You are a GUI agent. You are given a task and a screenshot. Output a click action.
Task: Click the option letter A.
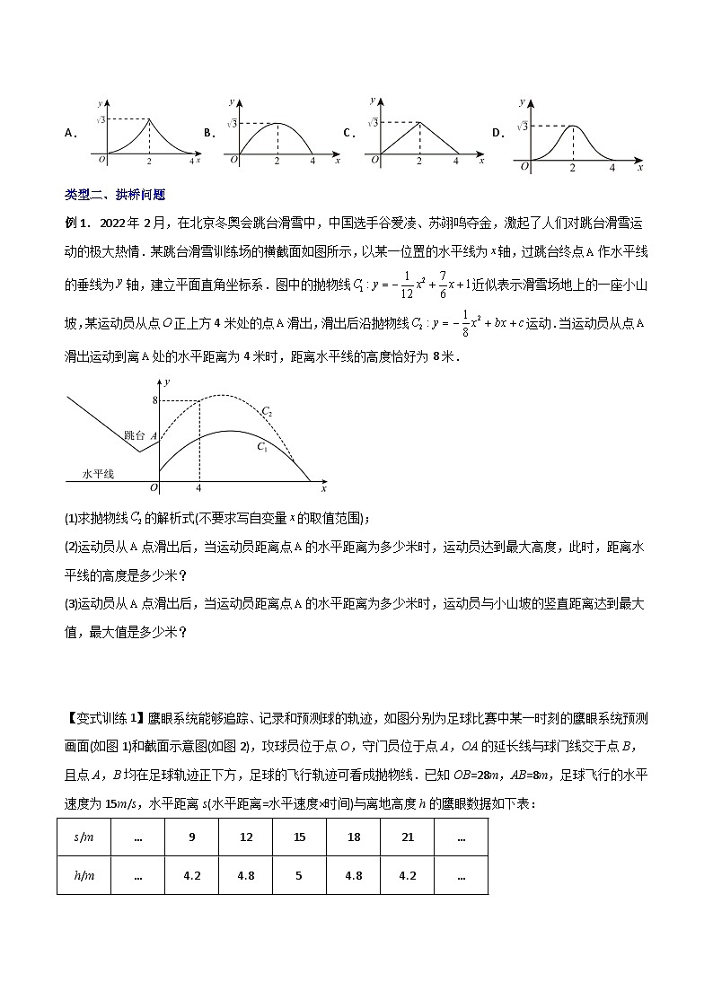(69, 133)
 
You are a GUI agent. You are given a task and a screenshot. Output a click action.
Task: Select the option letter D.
(496, 133)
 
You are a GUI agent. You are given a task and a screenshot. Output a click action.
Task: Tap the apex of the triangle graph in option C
(418, 121)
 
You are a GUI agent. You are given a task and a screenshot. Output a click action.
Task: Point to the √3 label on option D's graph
(522, 127)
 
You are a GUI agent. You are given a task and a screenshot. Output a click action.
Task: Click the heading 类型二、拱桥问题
(115, 194)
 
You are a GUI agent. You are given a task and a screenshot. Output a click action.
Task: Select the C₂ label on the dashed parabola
(266, 412)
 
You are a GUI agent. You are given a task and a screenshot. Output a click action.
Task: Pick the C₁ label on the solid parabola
(261, 446)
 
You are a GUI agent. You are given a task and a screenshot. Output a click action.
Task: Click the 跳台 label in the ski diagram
(134, 434)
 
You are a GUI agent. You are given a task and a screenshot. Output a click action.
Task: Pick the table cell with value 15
(299, 837)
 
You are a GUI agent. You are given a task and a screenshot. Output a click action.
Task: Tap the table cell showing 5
(299, 875)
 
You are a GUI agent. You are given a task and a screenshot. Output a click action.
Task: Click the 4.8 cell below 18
(353, 875)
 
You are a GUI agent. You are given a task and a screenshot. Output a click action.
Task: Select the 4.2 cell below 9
(190, 875)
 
